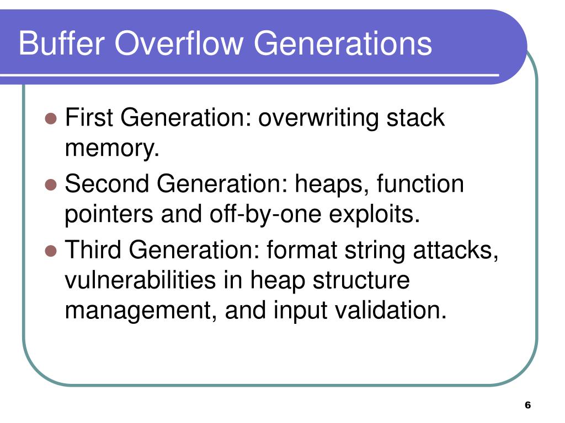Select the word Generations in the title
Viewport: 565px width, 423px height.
(343, 44)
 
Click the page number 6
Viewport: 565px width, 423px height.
(527, 405)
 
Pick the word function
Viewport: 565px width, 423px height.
(420, 184)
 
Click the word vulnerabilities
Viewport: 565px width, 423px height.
(141, 281)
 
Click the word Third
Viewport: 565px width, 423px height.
(94, 251)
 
